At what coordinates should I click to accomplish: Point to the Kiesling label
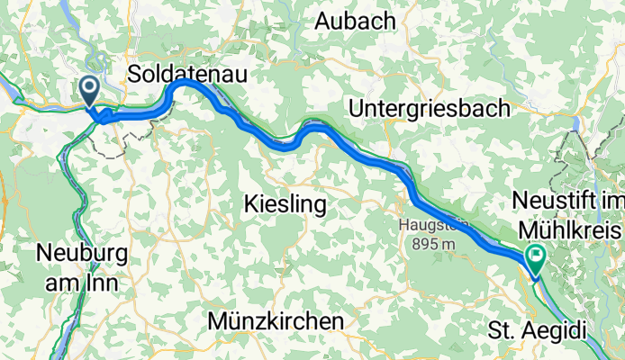285,205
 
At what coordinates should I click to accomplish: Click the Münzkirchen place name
275,321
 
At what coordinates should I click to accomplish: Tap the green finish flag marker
537,258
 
